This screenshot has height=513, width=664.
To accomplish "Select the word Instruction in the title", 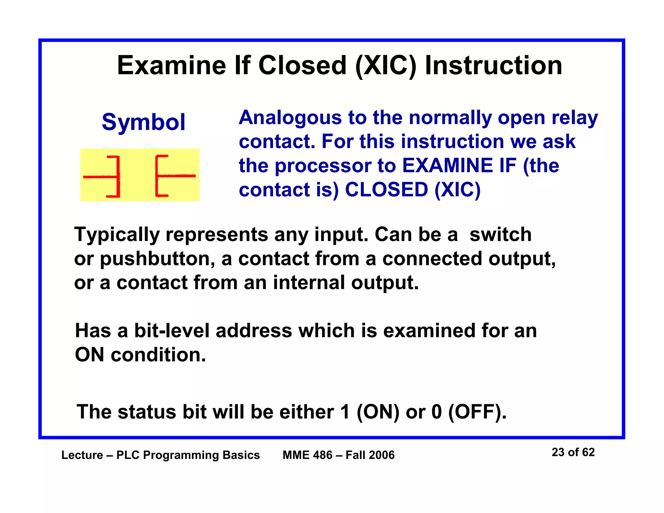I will pyautogui.click(x=493, y=66).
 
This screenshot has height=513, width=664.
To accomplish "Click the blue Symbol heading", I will pyautogui.click(x=143, y=122).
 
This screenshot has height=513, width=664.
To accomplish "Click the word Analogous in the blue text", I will pyautogui.click(x=290, y=118).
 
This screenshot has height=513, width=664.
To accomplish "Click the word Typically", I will pyautogui.click(x=117, y=235).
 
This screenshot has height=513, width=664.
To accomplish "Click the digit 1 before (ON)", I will pyautogui.click(x=345, y=412).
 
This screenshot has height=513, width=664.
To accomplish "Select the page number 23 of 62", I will pyautogui.click(x=573, y=452).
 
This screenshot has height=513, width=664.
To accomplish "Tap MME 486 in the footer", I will pyautogui.click(x=307, y=455).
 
